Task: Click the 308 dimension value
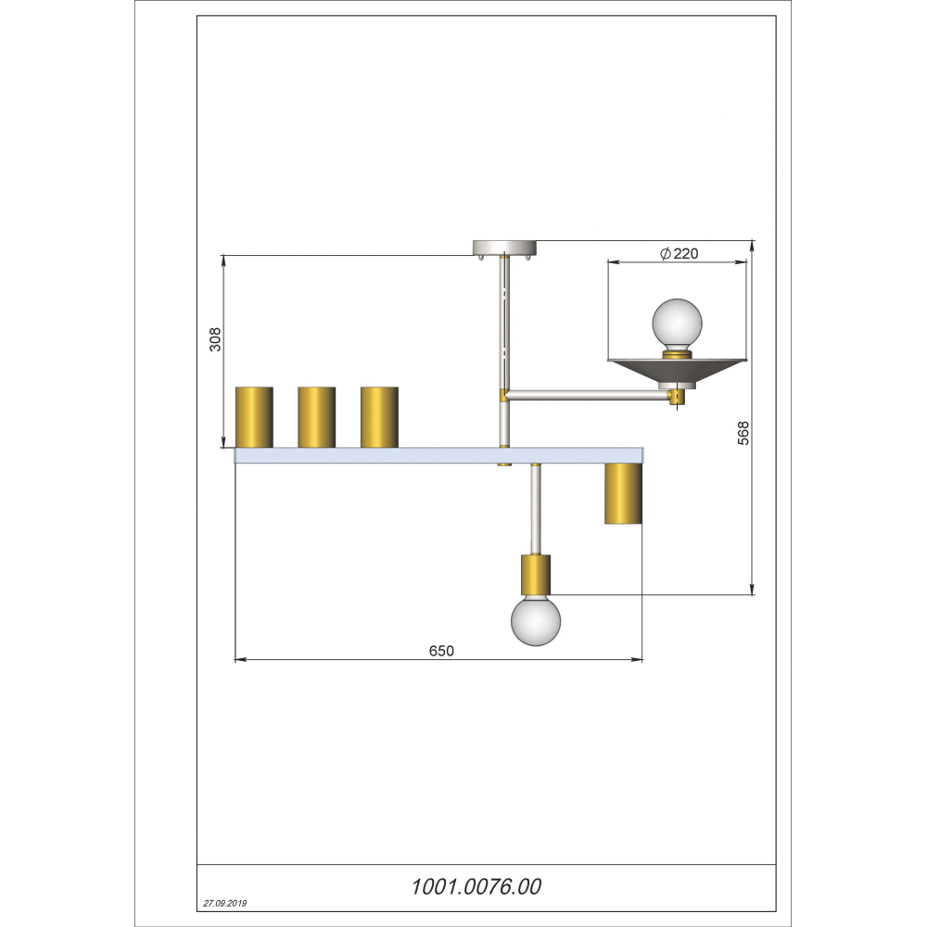[x=215, y=339]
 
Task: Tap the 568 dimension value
[x=743, y=433]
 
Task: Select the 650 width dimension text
[x=441, y=651]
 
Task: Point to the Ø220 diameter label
[x=679, y=254]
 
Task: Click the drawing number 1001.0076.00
[x=476, y=887]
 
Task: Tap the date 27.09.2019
[x=225, y=903]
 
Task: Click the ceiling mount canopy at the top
[x=504, y=248]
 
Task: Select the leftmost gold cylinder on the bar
[x=254, y=417]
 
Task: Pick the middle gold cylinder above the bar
[x=316, y=417]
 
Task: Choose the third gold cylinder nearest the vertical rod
[x=379, y=417]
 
